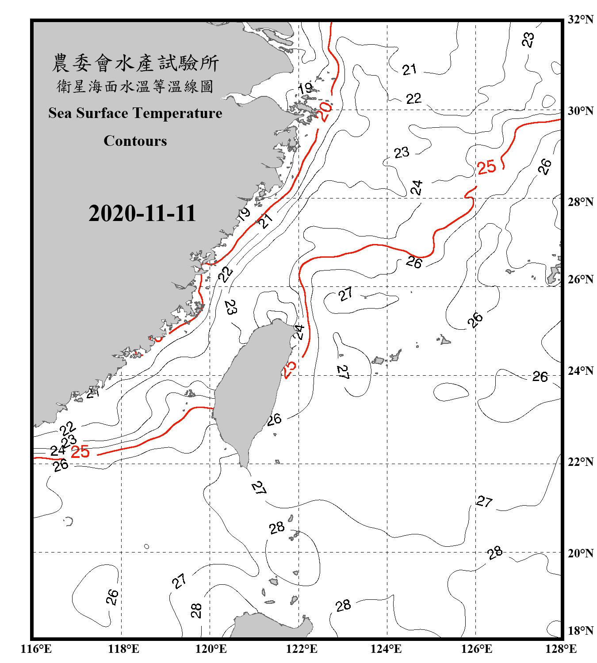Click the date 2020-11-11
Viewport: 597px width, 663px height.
142,213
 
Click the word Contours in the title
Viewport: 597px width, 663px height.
135,141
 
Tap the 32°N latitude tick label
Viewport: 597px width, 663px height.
580,19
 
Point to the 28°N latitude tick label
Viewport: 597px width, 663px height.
580,202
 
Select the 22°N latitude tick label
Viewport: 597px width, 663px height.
580,462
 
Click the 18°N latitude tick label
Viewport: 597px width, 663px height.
580,630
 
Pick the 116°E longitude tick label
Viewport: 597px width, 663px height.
36,649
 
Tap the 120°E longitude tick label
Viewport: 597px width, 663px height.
211,649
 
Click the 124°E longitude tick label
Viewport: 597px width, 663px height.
386,649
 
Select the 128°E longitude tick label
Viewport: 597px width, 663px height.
561,649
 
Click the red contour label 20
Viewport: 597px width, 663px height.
325,112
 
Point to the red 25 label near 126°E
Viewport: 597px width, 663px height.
486,168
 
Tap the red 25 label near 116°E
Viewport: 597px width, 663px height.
80,451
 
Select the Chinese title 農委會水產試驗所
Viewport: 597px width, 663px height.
135,63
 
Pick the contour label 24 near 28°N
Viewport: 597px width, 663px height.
417,188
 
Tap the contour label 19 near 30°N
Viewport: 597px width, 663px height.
305,88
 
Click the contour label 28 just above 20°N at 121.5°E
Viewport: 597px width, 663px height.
277,528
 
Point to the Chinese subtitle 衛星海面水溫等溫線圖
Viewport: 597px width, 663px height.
135,86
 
